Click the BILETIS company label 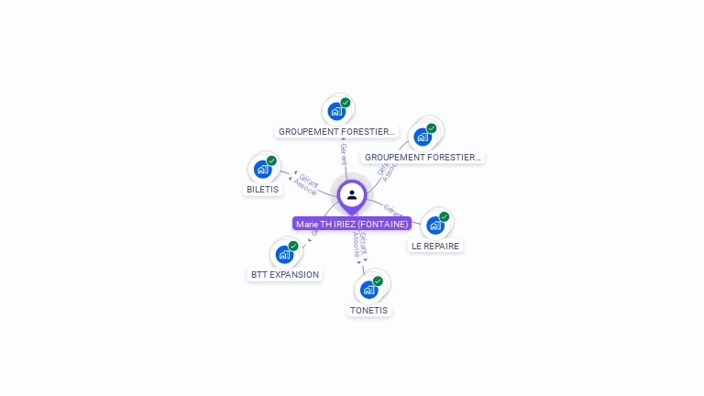[262, 190]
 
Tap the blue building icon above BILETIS [262, 169]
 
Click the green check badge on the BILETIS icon [271, 160]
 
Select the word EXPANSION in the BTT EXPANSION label [294, 274]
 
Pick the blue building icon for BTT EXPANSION [284, 254]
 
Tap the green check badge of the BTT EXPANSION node [293, 246]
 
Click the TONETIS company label [368, 310]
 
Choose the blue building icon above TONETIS [368, 290]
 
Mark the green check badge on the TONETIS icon [378, 281]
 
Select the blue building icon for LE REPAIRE [435, 225]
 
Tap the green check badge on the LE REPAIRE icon [445, 217]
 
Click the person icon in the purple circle [352, 194]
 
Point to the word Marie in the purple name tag [306, 224]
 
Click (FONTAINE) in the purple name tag [382, 224]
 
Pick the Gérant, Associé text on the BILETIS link [306, 185]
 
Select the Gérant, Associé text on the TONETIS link [360, 247]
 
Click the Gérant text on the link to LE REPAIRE [393, 210]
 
